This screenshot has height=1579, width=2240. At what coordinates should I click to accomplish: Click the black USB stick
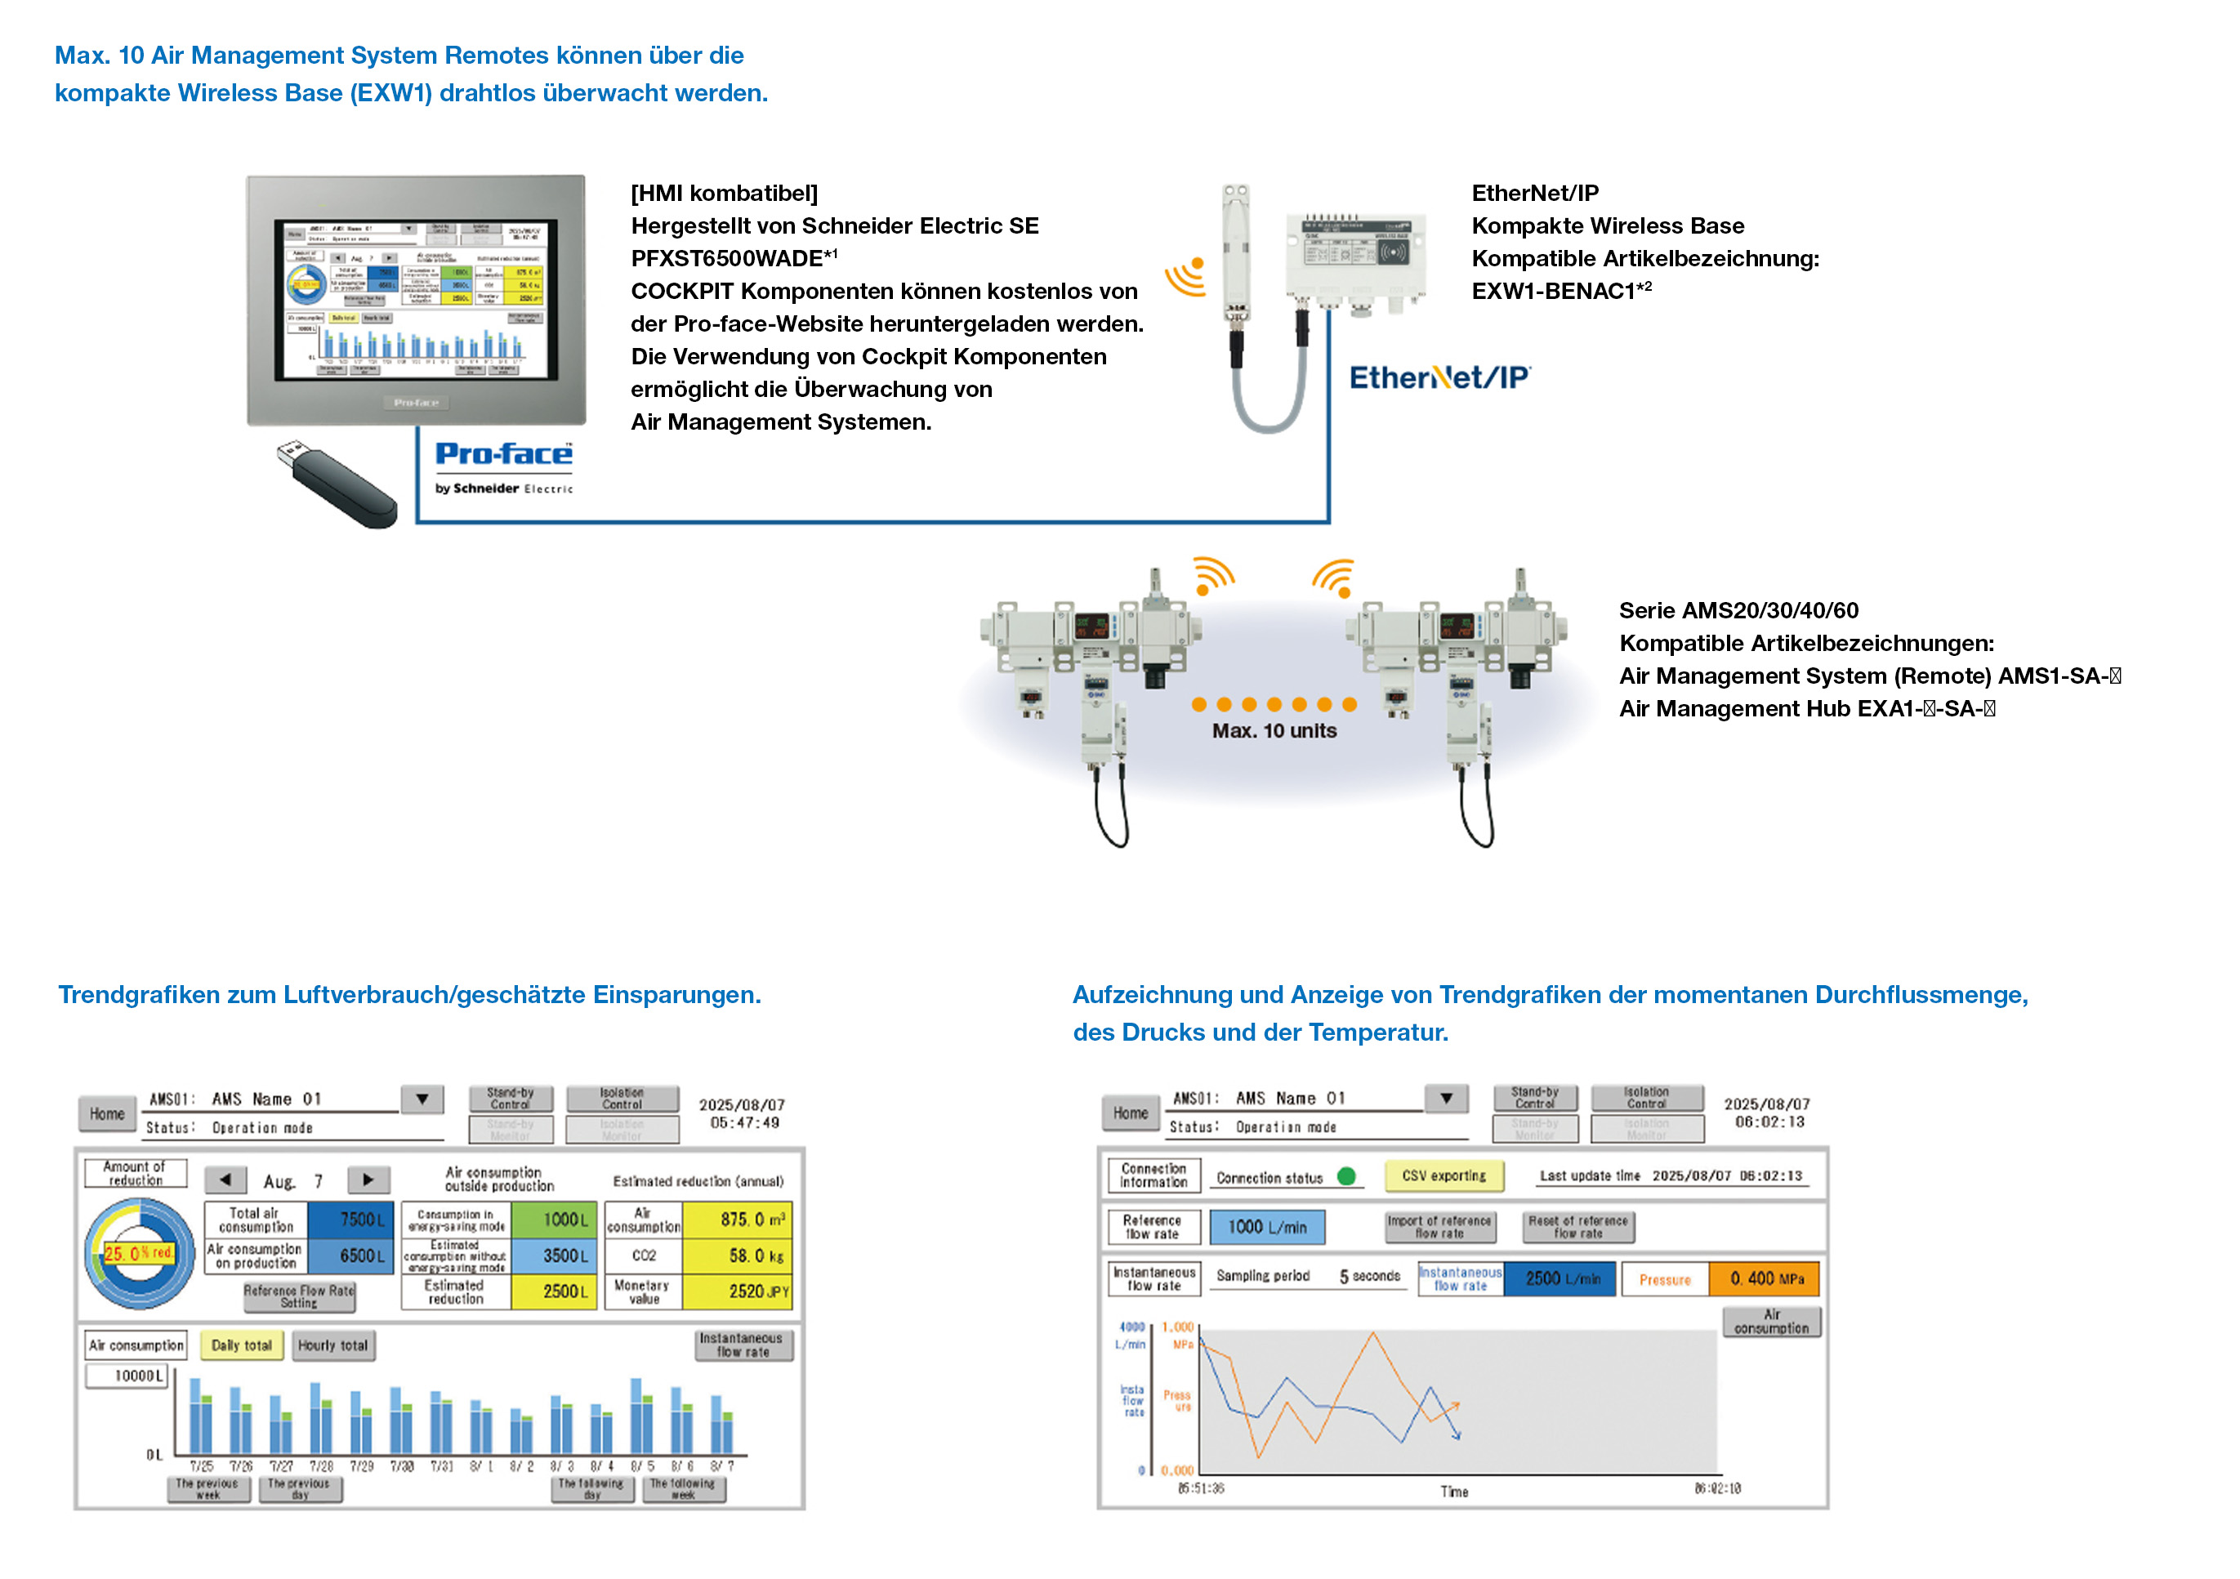tap(337, 484)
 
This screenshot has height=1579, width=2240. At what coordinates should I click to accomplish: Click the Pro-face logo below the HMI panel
tap(503, 454)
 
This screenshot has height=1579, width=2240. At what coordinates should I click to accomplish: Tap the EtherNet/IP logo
tap(1439, 377)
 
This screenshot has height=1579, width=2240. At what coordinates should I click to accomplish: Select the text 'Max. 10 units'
tap(1274, 730)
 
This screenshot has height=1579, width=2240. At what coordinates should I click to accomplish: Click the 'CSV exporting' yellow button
tap(1444, 1176)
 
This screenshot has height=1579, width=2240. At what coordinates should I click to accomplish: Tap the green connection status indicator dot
tap(1346, 1176)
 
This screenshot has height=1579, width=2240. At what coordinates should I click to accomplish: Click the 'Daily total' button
tap(241, 1346)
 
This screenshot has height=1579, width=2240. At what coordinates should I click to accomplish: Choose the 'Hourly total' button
tap(332, 1346)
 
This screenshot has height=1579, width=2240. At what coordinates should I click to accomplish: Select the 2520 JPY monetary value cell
tap(737, 1291)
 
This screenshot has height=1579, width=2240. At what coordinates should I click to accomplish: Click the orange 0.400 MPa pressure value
tap(1764, 1278)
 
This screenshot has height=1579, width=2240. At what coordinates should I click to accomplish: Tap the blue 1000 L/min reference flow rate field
tap(1266, 1227)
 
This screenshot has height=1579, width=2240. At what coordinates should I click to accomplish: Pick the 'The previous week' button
tap(207, 1488)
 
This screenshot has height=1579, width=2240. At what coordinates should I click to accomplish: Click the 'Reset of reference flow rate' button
tap(1577, 1227)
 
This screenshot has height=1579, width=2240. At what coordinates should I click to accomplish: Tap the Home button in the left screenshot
tap(107, 1113)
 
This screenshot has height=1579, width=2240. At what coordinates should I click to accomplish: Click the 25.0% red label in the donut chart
tap(139, 1253)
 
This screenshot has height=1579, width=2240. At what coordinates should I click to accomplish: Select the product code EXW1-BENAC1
tap(1553, 292)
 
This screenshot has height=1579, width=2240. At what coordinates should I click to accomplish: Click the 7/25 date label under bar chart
tap(201, 1466)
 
